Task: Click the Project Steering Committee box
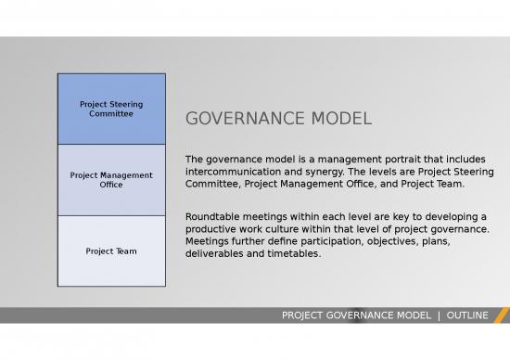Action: pos(111,109)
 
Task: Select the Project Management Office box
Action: pos(111,180)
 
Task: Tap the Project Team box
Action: pos(111,251)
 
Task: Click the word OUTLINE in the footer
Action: pos(466,315)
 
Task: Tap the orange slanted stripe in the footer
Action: pos(502,315)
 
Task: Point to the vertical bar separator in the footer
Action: pos(440,315)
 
